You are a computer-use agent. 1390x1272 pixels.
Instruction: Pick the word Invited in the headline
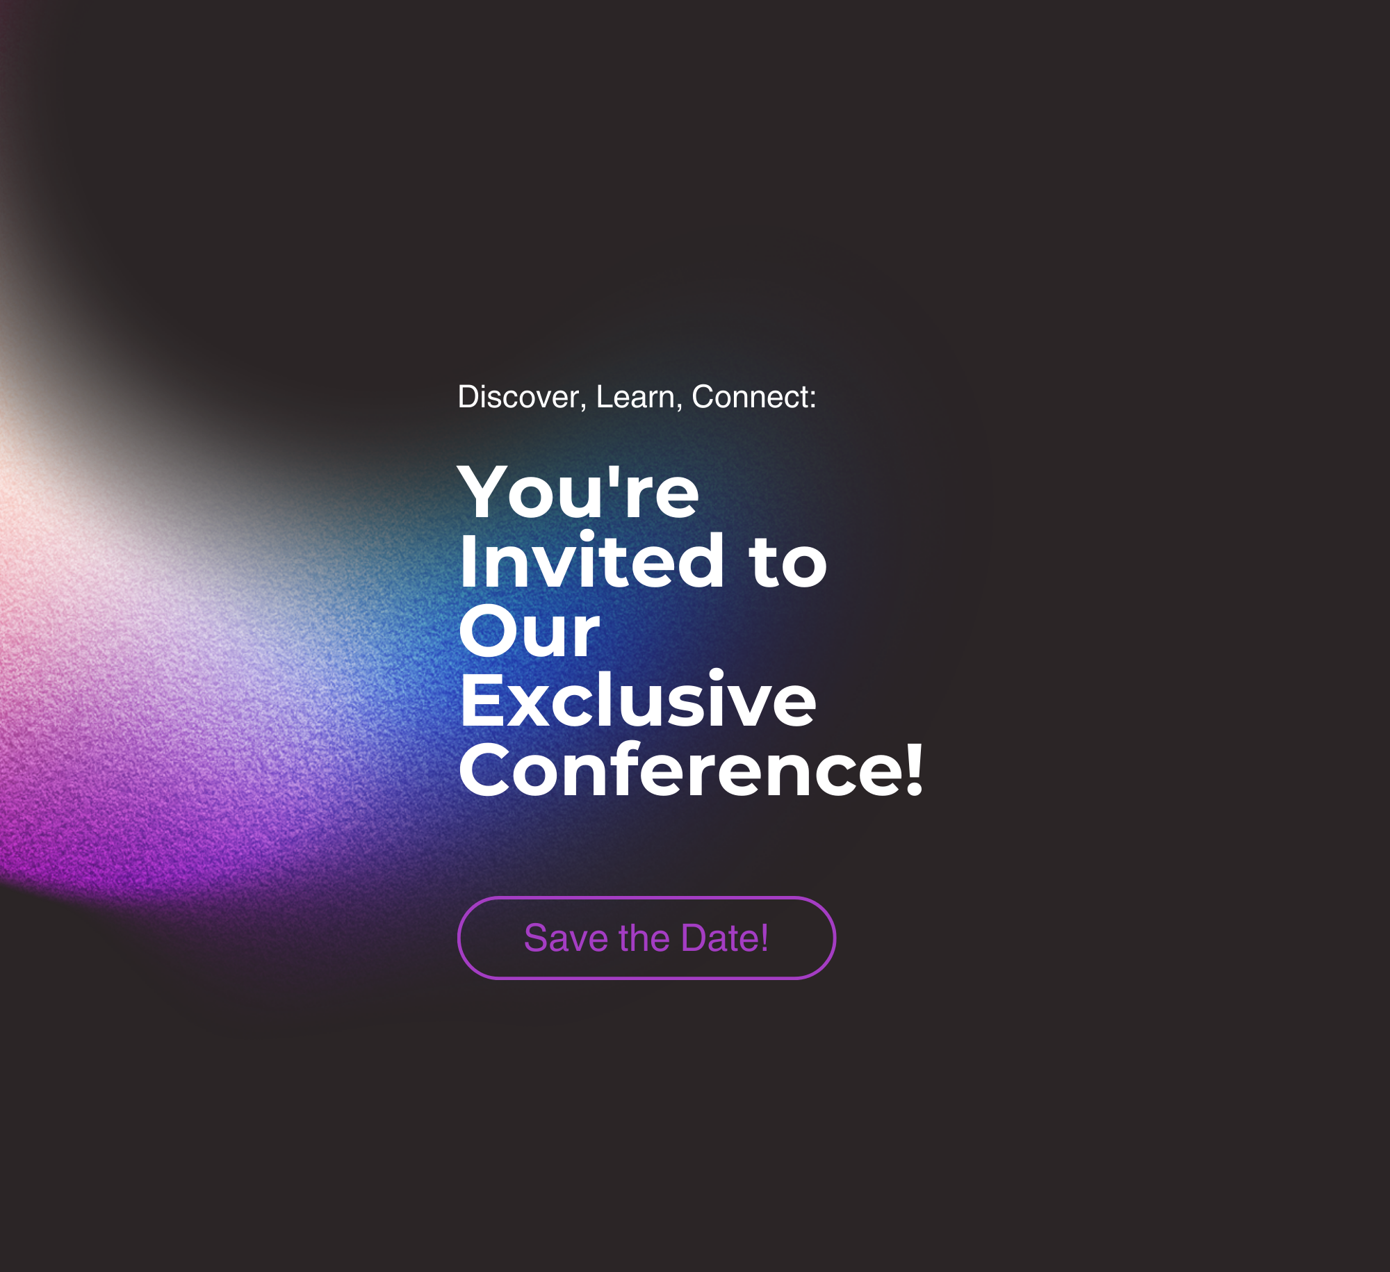[592, 560]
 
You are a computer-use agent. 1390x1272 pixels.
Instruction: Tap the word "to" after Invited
[787, 563]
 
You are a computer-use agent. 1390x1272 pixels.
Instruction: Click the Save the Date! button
[646, 938]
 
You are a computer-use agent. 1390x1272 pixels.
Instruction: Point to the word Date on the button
[720, 938]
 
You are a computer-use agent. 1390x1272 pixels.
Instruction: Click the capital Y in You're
[486, 491]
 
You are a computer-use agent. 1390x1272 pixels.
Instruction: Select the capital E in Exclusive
[481, 700]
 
